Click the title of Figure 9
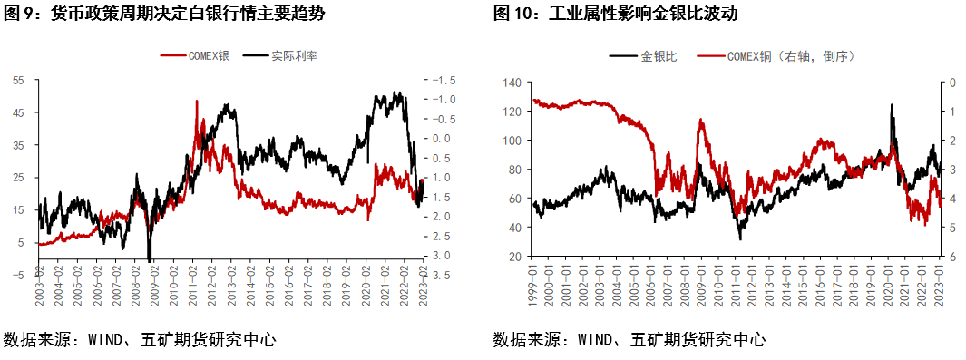[163, 14]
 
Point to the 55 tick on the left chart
[17, 80]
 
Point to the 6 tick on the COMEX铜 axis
[951, 258]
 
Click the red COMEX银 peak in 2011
[197, 101]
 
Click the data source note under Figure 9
[140, 340]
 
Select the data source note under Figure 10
[629, 340]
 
